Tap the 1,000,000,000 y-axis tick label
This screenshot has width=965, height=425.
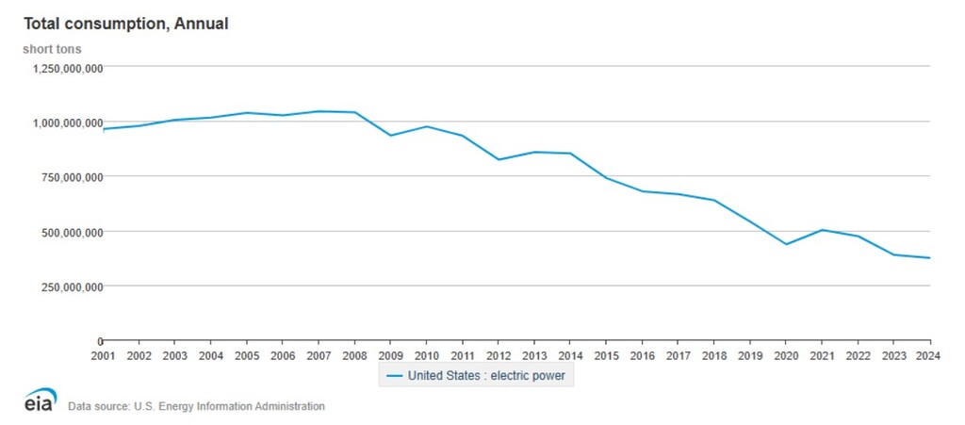[61, 123]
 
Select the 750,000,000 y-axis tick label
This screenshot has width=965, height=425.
[66, 177]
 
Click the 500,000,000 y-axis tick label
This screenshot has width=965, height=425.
[66, 232]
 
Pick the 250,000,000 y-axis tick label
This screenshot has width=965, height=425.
[66, 286]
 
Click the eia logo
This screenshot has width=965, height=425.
[41, 399]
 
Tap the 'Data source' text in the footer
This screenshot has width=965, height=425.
[196, 406]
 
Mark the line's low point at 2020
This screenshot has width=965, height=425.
[786, 244]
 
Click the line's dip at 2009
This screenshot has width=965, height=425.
[390, 136]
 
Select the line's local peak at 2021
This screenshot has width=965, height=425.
[822, 230]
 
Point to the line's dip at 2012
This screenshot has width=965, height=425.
[499, 159]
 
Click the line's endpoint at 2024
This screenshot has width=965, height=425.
[929, 258]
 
